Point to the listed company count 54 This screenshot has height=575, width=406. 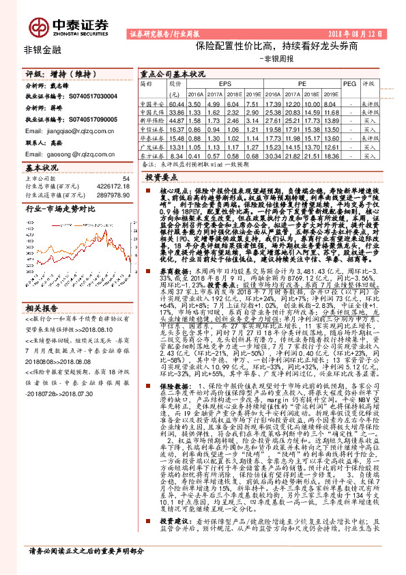point(125,179)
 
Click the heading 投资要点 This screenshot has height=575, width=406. point(160,177)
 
